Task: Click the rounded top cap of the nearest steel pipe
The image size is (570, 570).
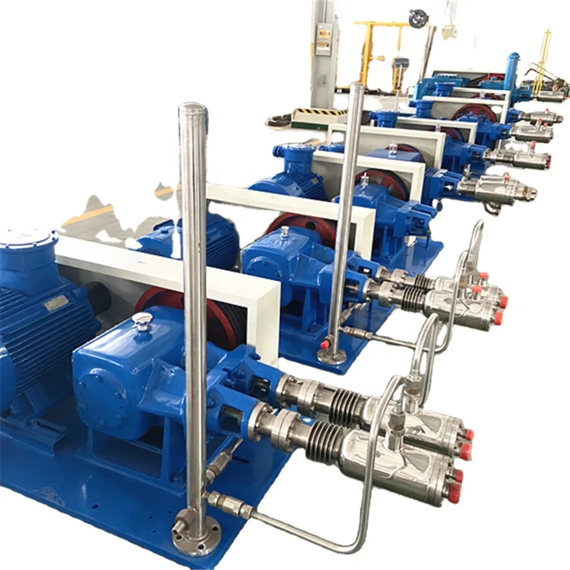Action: coord(192,110)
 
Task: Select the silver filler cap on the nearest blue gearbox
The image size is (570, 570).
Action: coord(140,321)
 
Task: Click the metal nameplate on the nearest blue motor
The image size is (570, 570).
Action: coord(56,303)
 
